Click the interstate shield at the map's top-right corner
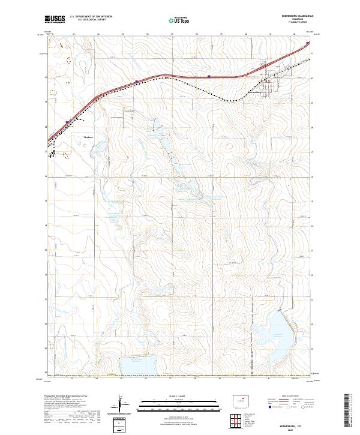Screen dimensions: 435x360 pyautogui.click(x=308, y=43)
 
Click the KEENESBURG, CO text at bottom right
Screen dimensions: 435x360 pyautogui.click(x=295, y=424)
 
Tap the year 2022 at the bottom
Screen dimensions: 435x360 pyautogui.click(x=295, y=430)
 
